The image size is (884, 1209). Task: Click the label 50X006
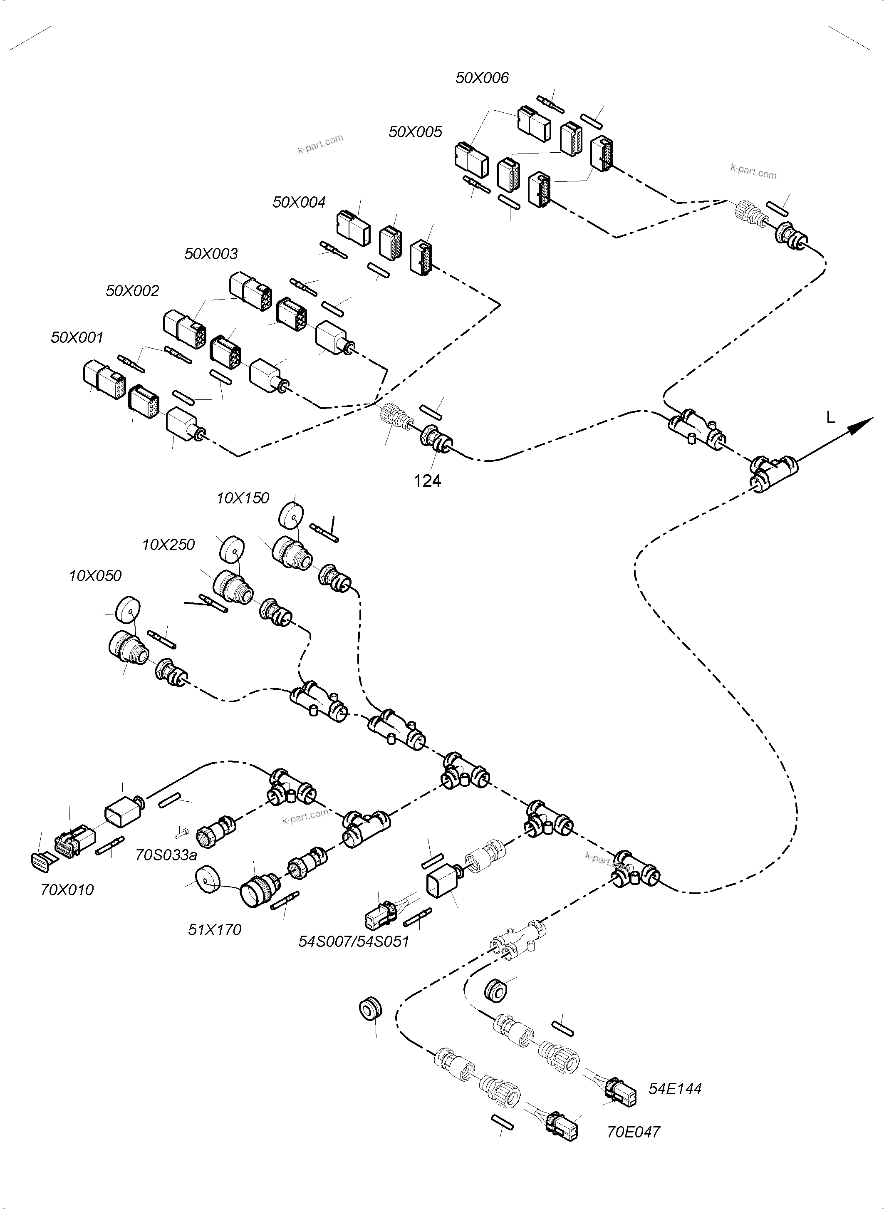pos(482,78)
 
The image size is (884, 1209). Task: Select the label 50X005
pos(415,132)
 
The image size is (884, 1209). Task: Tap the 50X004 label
pos(299,202)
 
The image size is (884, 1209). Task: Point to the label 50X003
pos(211,254)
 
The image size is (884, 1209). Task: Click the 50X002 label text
pos(132,291)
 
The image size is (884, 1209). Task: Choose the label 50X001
pos(77,338)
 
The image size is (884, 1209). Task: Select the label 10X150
pos(243,498)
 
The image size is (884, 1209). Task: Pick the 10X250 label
pos(168,545)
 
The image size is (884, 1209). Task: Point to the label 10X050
pos(95,576)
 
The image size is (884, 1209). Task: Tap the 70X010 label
pos(67,890)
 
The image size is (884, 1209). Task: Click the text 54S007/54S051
pos(353,956)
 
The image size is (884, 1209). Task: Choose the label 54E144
pos(674,1089)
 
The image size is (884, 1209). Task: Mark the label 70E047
pos(633,1132)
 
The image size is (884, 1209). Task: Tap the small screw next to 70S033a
pos(181,832)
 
